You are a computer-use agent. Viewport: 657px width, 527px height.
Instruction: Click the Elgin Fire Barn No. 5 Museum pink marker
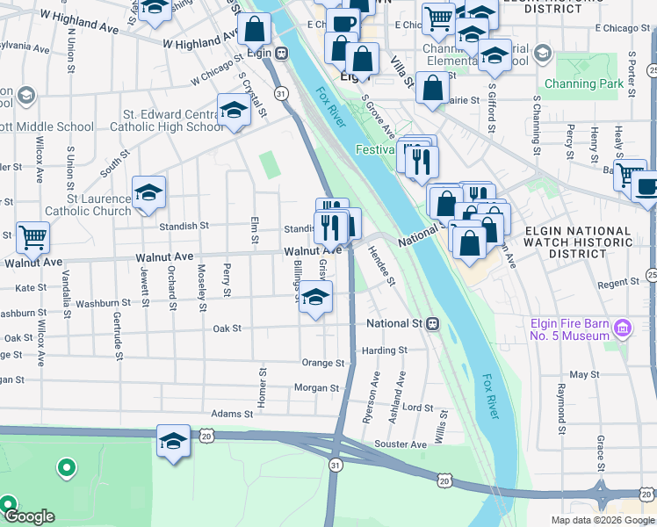pos(623,329)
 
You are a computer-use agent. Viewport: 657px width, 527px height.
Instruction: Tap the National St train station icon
pos(433,324)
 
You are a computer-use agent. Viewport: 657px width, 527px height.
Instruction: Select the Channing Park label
pos(582,84)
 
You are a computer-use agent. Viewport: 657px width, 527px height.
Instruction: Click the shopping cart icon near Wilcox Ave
pos(32,236)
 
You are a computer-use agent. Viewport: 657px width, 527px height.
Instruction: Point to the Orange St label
pos(321,363)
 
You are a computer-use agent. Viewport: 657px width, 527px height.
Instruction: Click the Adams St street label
pos(232,414)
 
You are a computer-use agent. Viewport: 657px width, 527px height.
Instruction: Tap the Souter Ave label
pos(401,444)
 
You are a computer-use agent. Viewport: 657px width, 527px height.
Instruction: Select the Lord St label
pos(417,408)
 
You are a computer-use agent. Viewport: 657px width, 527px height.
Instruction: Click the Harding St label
pos(385,350)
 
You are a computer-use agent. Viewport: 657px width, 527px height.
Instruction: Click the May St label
pos(583,374)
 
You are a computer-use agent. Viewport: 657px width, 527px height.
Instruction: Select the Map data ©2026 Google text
pos(603,520)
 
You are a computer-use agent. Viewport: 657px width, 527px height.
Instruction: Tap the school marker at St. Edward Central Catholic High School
pos(234,111)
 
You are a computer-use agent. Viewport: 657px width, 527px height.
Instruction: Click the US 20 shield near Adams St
pos(206,435)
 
